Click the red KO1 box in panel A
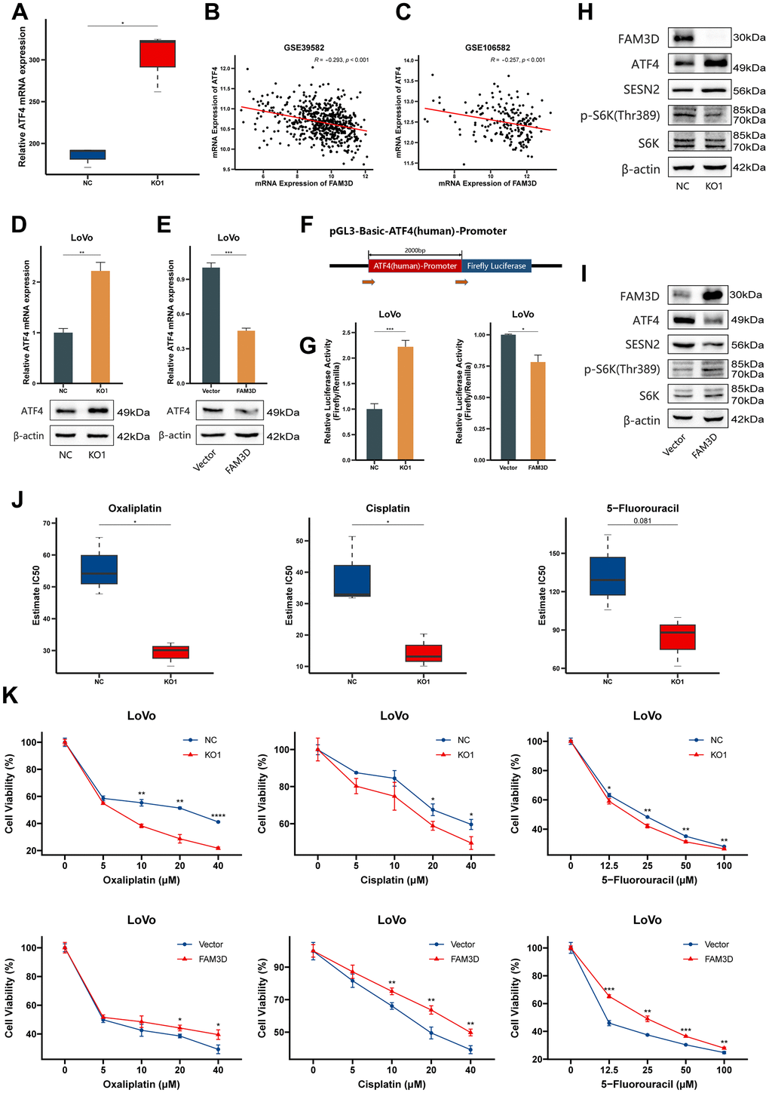(157, 54)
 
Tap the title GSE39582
(304, 48)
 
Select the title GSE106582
(487, 48)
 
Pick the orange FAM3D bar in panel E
(246, 357)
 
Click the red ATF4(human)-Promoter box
(415, 266)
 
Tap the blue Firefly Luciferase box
(496, 266)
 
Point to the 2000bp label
(415, 250)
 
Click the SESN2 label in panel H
(641, 90)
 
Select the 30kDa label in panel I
(746, 295)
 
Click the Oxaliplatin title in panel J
(135, 508)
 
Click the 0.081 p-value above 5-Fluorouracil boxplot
(642, 520)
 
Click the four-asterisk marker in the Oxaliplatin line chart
(218, 816)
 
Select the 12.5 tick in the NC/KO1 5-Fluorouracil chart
(609, 865)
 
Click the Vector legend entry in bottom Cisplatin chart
(462, 944)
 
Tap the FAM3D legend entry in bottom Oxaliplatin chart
(213, 959)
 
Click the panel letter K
(11, 695)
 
